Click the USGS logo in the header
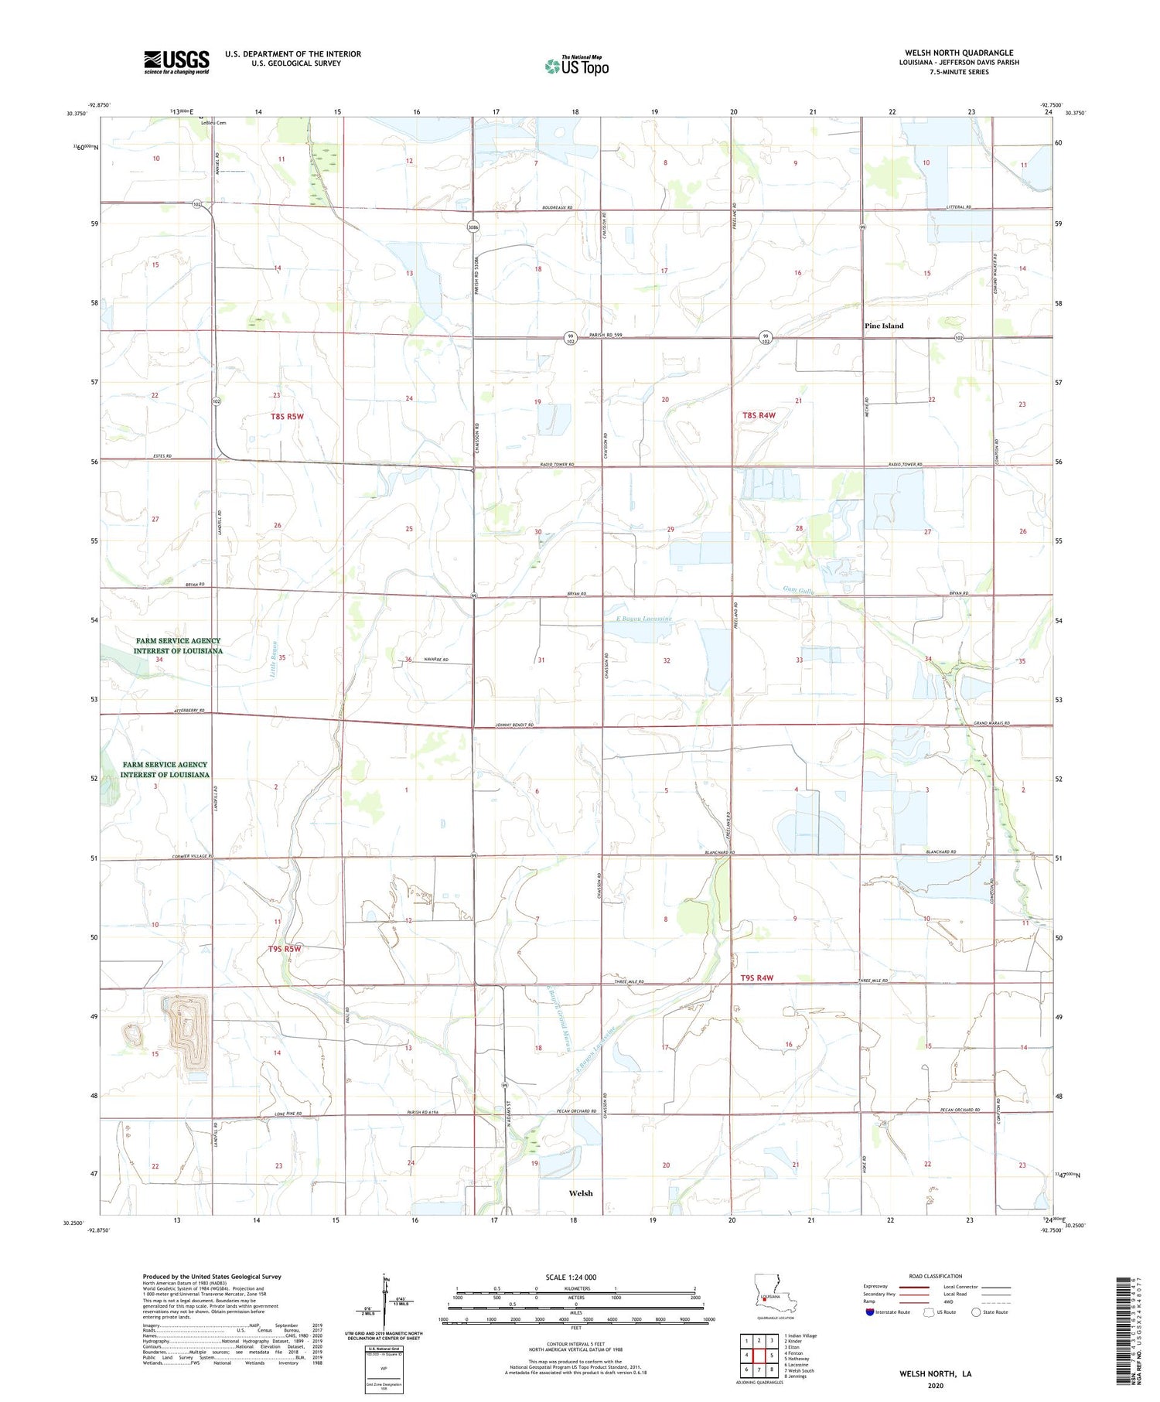coord(176,62)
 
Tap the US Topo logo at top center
coord(576,66)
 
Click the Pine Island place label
coord(883,326)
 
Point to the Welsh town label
coord(580,1193)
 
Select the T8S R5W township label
coord(287,416)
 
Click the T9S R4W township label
coord(757,978)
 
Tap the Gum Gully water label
coord(798,589)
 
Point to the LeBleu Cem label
coord(213,123)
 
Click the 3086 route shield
coord(473,227)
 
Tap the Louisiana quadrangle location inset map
coord(766,1298)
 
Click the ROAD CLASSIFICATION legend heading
coord(935,1276)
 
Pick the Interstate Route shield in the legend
coord(869,1312)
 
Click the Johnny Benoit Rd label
coord(513,725)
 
